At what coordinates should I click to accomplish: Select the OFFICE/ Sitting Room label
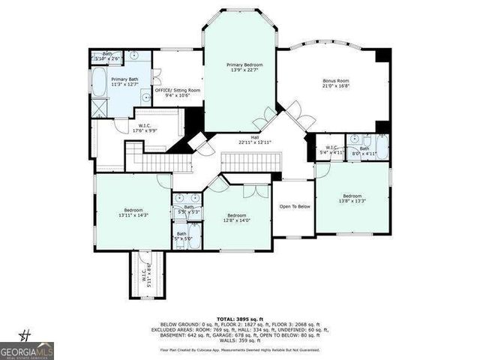172,92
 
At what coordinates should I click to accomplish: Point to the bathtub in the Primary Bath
98,80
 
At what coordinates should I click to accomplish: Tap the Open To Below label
295,206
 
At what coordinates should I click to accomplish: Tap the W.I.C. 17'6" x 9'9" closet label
146,128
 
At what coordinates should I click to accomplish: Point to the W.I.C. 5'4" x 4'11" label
329,149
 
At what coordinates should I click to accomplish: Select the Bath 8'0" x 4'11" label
363,151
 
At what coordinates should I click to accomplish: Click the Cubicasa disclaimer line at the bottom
240,349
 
